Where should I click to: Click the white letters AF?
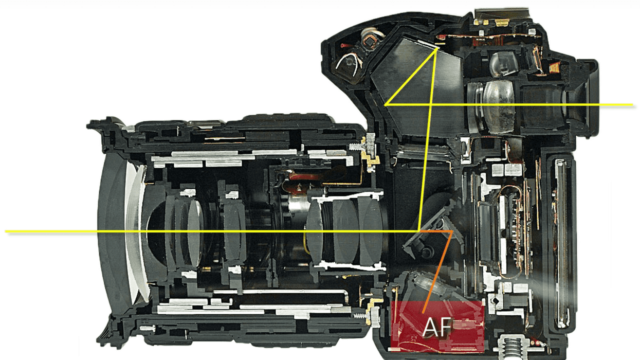(437, 328)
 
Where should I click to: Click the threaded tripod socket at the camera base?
(511, 348)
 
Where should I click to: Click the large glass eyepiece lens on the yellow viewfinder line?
(499, 106)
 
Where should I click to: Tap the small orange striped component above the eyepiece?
(555, 67)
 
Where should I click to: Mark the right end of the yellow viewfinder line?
(633, 104)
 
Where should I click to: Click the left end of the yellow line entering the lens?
(6, 231)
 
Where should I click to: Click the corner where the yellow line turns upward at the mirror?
(418, 230)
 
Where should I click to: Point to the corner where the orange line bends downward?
(452, 230)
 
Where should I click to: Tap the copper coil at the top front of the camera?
(370, 40)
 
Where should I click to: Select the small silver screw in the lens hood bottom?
(148, 329)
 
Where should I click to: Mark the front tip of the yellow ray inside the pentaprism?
(386, 104)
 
